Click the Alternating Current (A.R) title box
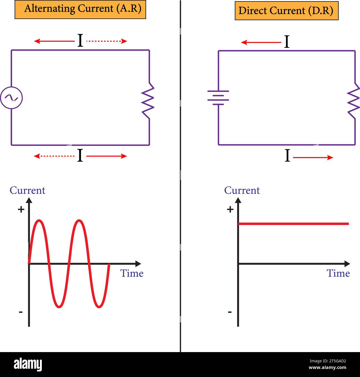(80, 9)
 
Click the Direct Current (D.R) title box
(287, 11)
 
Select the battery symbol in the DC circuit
(218, 98)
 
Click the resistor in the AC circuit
(148, 101)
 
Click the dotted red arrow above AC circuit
(107, 41)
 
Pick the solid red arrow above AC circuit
(54, 41)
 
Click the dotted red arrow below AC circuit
(54, 156)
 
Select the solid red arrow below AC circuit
(107, 156)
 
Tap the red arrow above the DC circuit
(261, 42)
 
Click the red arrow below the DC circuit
(313, 157)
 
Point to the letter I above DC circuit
(287, 42)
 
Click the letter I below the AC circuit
(80, 155)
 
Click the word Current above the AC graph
(27, 190)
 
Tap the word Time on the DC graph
(338, 273)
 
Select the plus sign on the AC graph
(21, 209)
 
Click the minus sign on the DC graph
(230, 312)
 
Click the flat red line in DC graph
(294, 224)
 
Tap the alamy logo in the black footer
(28, 365)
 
